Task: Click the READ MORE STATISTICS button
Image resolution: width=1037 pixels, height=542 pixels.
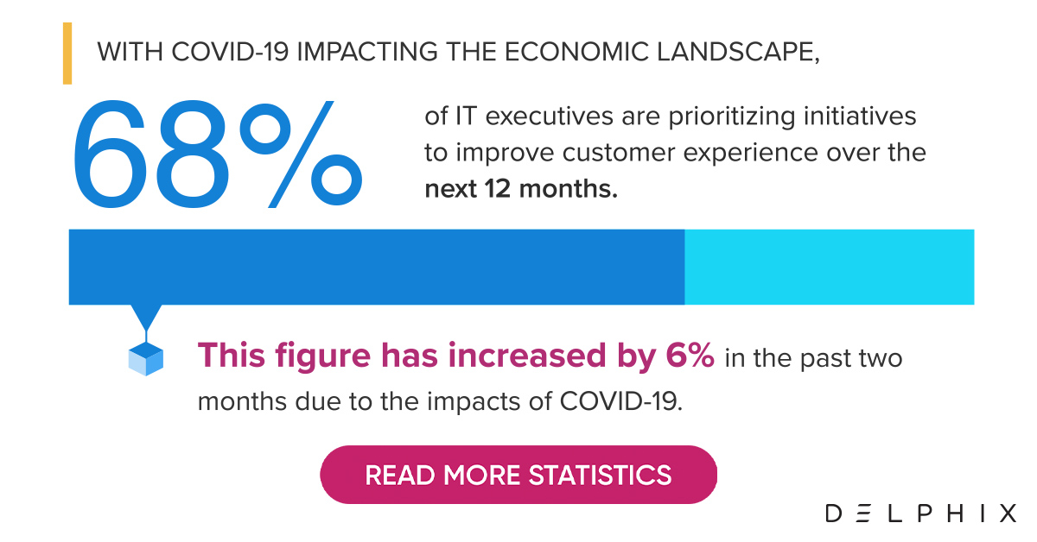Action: [518, 475]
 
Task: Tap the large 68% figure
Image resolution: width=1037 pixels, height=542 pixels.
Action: [218, 154]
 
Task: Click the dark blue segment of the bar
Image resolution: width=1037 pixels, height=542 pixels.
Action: [377, 267]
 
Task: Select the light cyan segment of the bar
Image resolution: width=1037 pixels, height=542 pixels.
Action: [829, 267]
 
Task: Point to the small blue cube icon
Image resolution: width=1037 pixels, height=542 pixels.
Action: [146, 359]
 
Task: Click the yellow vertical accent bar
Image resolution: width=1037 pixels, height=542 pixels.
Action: [67, 54]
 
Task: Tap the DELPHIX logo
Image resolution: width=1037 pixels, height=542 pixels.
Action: [921, 514]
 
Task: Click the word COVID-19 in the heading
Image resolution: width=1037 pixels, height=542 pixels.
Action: [230, 51]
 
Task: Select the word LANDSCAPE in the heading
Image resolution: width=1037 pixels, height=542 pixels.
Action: [738, 51]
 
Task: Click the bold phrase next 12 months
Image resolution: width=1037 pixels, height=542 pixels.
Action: [521, 189]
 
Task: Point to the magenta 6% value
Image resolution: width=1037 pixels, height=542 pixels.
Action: [690, 356]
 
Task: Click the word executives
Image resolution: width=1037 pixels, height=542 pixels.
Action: [550, 116]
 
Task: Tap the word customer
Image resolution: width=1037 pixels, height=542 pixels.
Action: [619, 153]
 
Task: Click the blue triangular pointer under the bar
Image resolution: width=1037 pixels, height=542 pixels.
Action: [146, 317]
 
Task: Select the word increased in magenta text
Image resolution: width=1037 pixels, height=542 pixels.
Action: [527, 356]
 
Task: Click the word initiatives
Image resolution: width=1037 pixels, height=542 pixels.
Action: [860, 116]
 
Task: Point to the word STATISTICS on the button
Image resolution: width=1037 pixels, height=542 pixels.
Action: [600, 475]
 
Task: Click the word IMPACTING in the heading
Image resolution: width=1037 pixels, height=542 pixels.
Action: [367, 51]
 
